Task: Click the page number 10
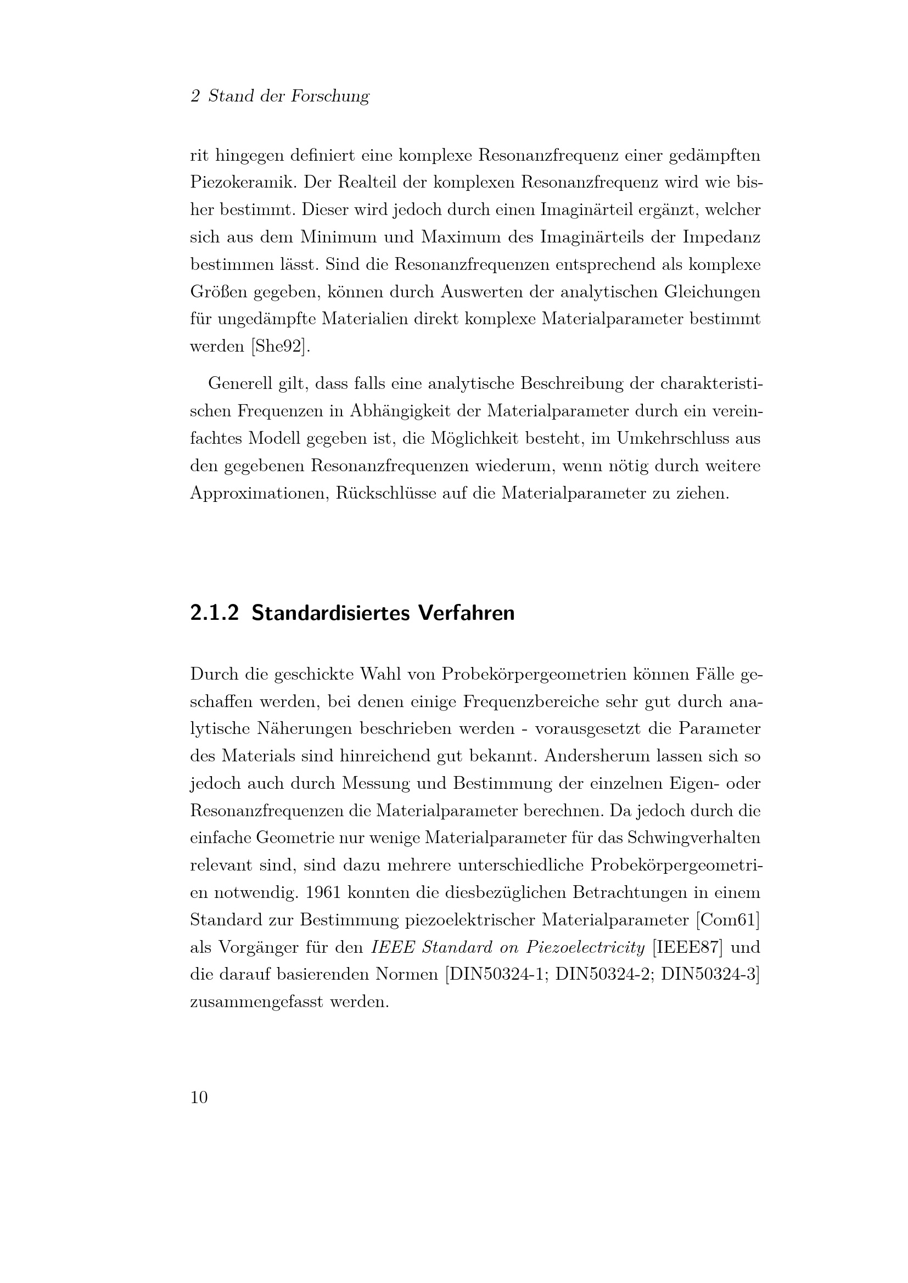[199, 1097]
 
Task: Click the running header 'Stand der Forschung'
[289, 96]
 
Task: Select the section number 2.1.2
[214, 613]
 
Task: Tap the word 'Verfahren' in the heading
[466, 613]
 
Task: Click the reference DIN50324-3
[709, 975]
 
